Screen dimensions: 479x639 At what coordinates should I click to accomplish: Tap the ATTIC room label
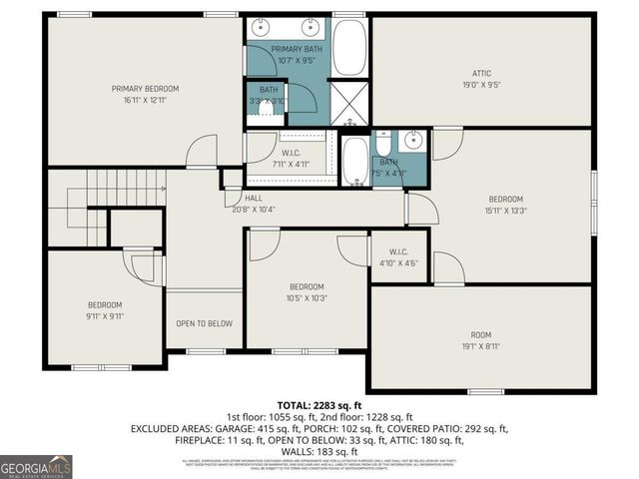[x=481, y=72]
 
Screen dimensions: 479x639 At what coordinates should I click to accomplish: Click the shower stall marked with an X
[x=348, y=104]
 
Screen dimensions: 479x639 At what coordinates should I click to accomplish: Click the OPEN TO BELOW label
[x=205, y=323]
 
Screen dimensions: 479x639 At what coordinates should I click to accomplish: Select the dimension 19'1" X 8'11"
[x=481, y=347]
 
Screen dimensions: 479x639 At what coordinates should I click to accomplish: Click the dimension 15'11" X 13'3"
[x=505, y=211]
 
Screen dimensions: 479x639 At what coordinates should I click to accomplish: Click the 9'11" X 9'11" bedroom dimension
[x=104, y=316]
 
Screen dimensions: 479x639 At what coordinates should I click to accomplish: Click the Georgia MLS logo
[x=36, y=466]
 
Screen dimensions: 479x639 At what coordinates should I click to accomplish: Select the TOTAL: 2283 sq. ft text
[x=319, y=403]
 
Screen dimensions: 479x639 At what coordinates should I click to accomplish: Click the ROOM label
[x=481, y=334]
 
